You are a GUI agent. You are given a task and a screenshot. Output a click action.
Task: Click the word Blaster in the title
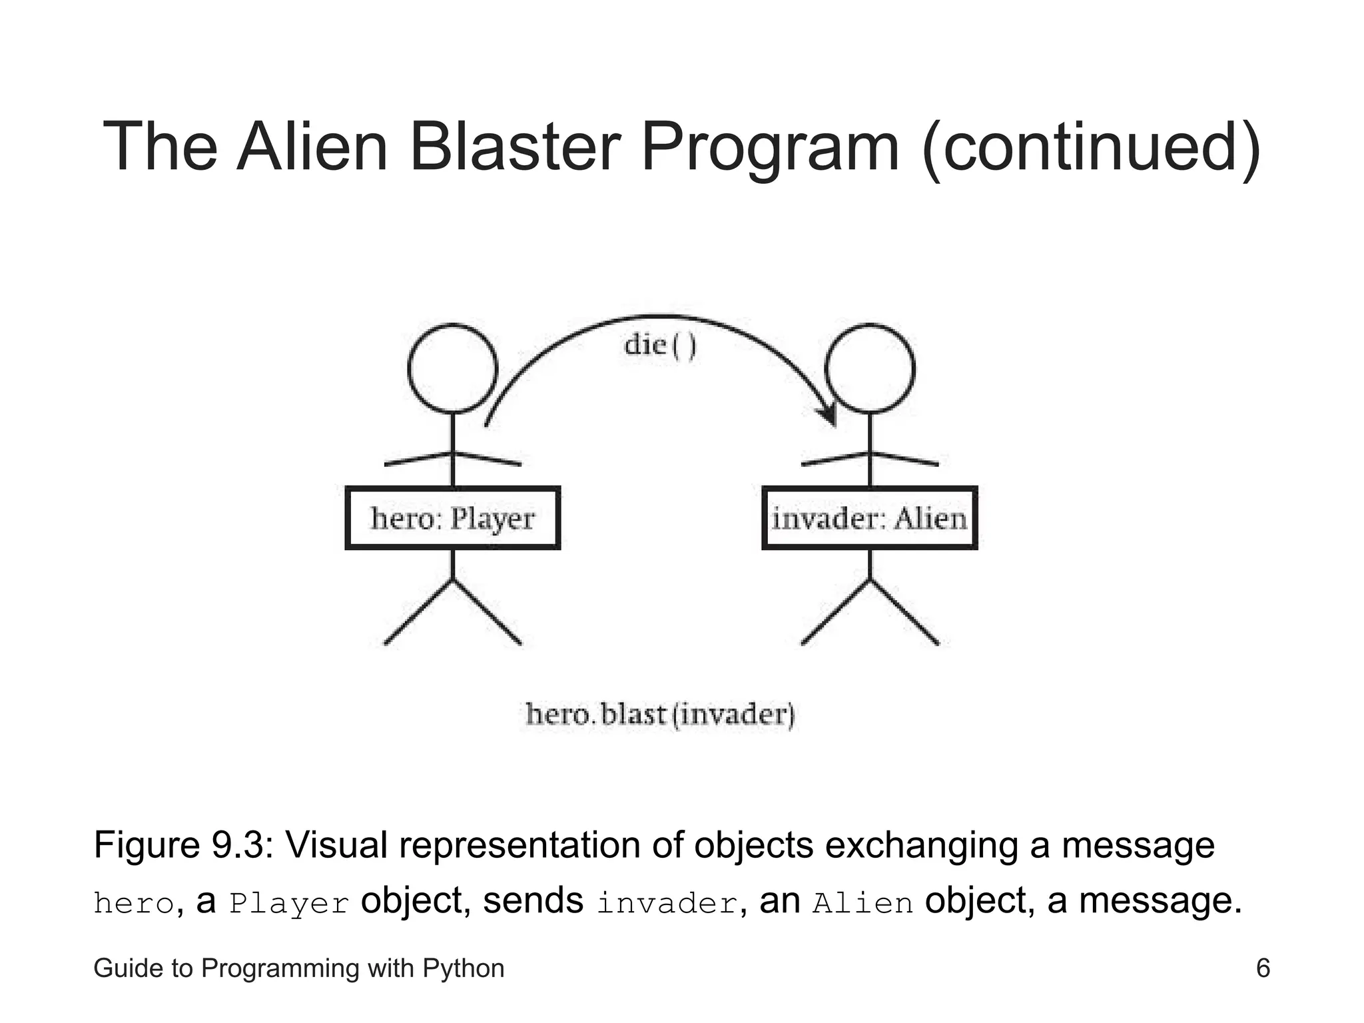514,147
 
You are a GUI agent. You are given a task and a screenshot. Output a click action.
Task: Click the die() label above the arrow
660,346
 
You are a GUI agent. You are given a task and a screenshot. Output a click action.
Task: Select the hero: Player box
452,518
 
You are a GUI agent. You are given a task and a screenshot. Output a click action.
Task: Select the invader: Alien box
869,518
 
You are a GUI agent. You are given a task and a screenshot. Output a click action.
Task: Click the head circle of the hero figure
452,369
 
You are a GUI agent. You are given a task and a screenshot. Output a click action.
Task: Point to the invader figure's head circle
869,369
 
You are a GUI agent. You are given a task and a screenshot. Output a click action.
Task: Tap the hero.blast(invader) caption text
660,715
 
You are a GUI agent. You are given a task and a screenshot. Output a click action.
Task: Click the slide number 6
1263,968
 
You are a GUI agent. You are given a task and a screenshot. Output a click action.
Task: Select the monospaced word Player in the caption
289,904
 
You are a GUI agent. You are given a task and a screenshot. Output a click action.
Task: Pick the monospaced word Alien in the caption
862,904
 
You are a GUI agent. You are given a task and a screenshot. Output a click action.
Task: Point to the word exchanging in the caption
922,845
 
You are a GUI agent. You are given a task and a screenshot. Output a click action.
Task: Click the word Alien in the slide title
312,147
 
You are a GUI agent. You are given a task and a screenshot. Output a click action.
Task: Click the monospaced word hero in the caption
134,904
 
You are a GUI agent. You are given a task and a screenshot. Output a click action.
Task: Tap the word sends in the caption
533,901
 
